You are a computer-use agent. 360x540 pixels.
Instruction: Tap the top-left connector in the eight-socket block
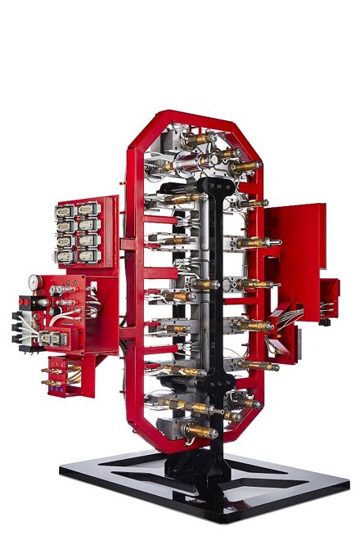[x=65, y=210]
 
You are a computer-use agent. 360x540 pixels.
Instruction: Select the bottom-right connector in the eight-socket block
[x=85, y=255]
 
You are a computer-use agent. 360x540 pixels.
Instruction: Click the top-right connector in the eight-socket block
[x=85, y=209]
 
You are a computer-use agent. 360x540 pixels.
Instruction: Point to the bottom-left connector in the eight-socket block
[x=65, y=256]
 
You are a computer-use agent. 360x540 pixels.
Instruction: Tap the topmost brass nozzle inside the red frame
[x=195, y=141]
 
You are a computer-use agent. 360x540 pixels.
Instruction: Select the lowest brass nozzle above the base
[x=199, y=430]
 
